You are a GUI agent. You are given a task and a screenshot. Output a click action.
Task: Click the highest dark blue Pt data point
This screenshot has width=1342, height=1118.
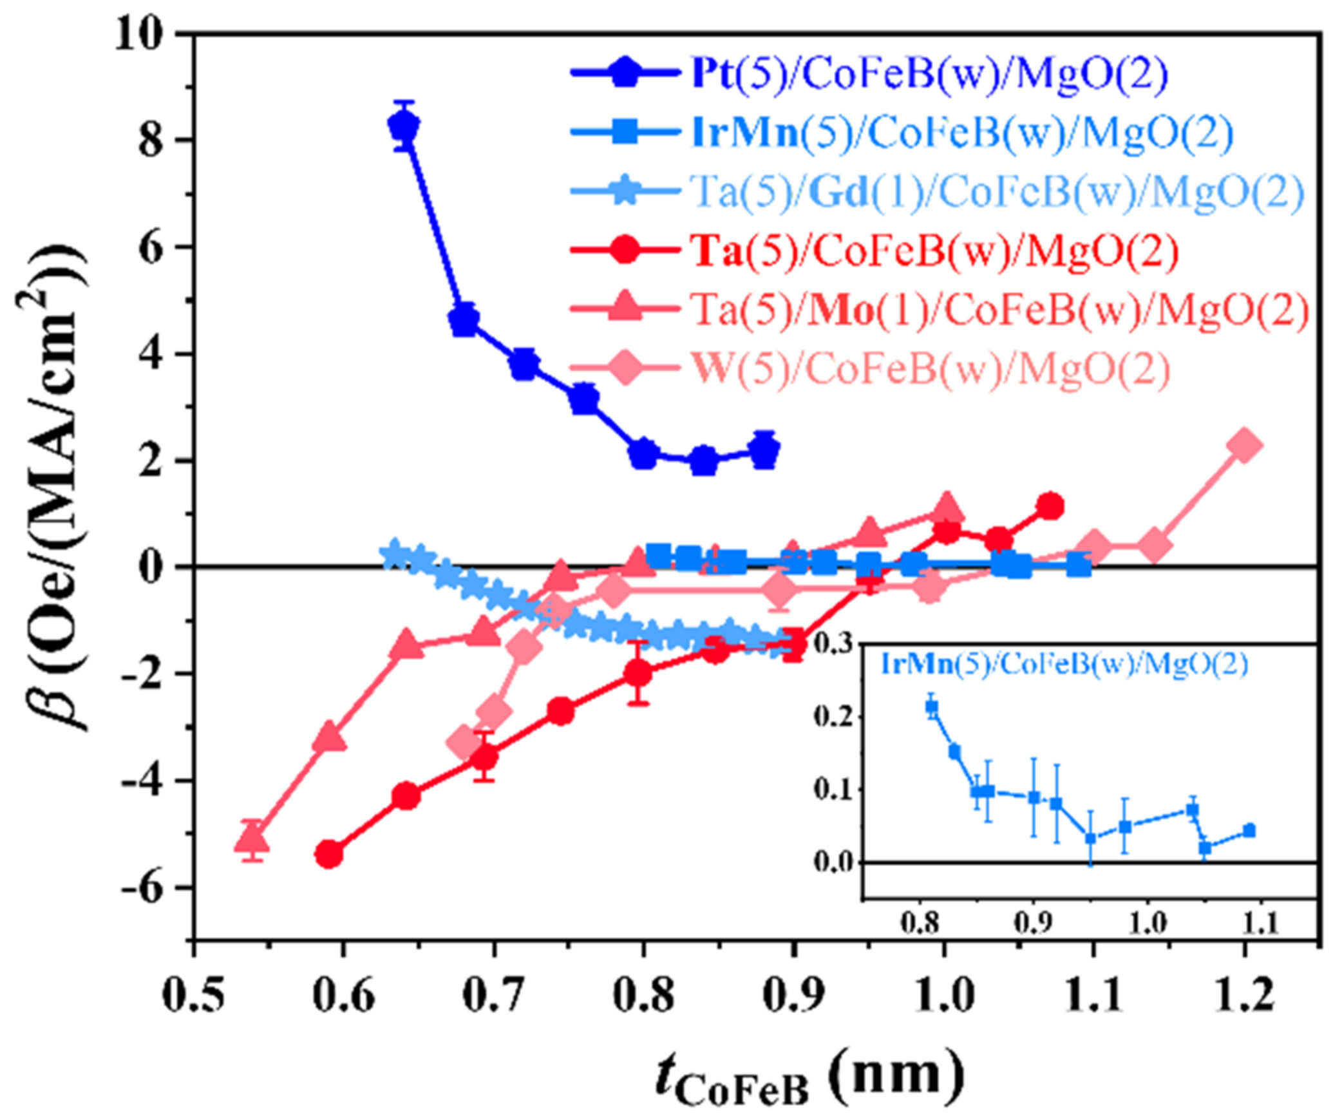click(x=404, y=124)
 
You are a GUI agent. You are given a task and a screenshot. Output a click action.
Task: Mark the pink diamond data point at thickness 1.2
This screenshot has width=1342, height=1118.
click(x=1243, y=445)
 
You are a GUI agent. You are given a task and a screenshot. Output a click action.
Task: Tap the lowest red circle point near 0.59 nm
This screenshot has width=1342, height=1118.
click(x=329, y=855)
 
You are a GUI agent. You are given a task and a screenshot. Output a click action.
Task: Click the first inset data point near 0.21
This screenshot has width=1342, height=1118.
click(x=932, y=706)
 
